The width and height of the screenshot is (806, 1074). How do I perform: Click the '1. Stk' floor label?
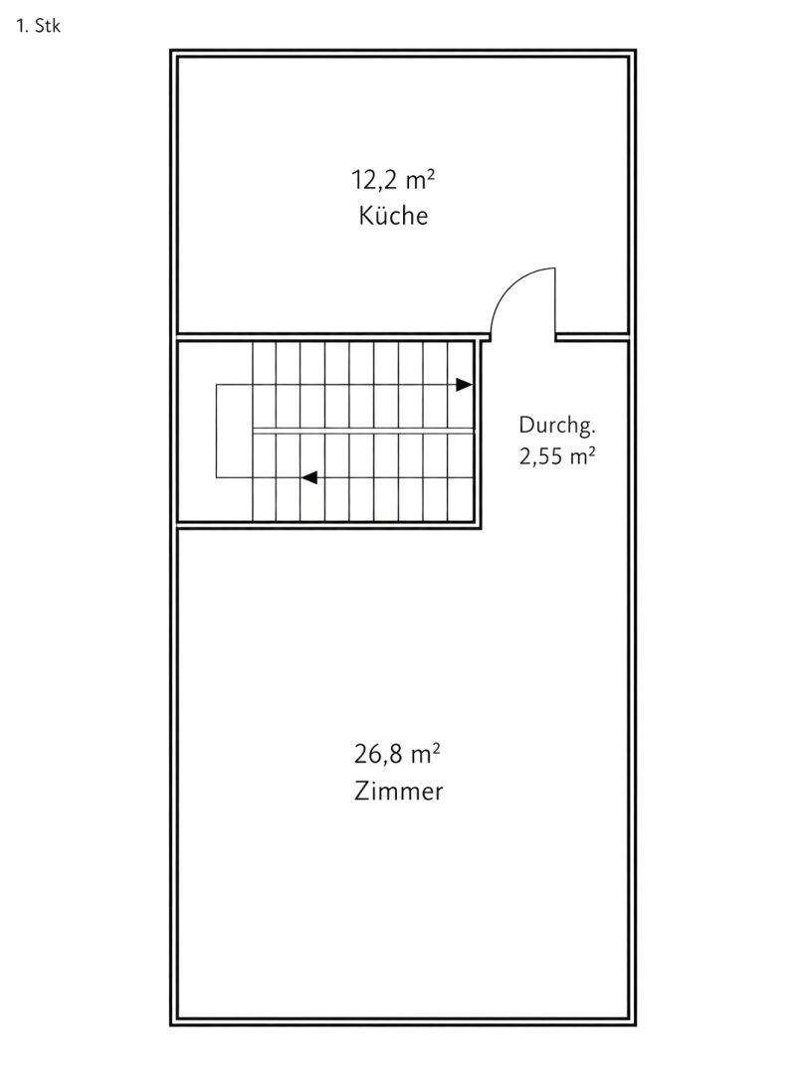39,26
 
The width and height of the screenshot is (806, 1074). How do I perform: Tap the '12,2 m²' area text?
393,180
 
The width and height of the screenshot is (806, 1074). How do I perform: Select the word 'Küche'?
393,216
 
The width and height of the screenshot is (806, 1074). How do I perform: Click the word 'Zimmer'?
399,792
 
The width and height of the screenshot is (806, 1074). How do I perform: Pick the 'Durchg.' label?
557,426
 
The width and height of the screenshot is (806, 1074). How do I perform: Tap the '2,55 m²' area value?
556,456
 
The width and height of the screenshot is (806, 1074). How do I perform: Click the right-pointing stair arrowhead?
465,385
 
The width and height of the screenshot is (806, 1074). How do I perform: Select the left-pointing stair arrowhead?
309,477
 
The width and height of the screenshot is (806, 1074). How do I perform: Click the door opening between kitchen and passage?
523,337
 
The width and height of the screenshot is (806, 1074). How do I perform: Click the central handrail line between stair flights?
363,431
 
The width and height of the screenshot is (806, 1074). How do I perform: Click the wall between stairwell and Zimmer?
329,526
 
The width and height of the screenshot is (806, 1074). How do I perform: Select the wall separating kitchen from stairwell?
333,336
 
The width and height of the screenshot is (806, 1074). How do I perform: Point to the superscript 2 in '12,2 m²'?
431,175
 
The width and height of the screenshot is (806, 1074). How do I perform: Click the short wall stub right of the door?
592,337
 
